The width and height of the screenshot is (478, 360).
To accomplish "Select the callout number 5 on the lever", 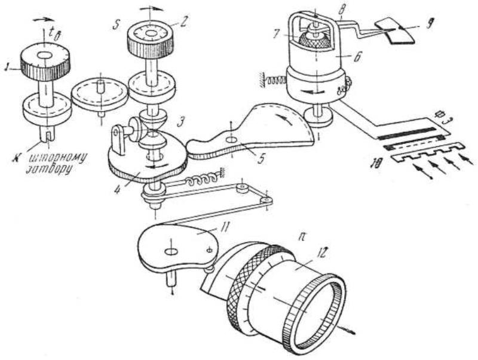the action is (x=260, y=159).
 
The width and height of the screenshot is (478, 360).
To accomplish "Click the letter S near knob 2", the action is (x=115, y=25).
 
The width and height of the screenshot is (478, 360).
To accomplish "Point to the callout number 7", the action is (x=276, y=34).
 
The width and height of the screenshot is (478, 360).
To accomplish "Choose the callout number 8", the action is (x=342, y=10).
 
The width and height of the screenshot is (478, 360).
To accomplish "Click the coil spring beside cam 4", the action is (x=202, y=181).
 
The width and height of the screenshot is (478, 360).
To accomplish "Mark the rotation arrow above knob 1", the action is (x=42, y=19).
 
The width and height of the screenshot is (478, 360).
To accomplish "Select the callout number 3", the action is (x=180, y=122).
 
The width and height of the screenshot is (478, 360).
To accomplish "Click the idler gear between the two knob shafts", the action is (x=99, y=94).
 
